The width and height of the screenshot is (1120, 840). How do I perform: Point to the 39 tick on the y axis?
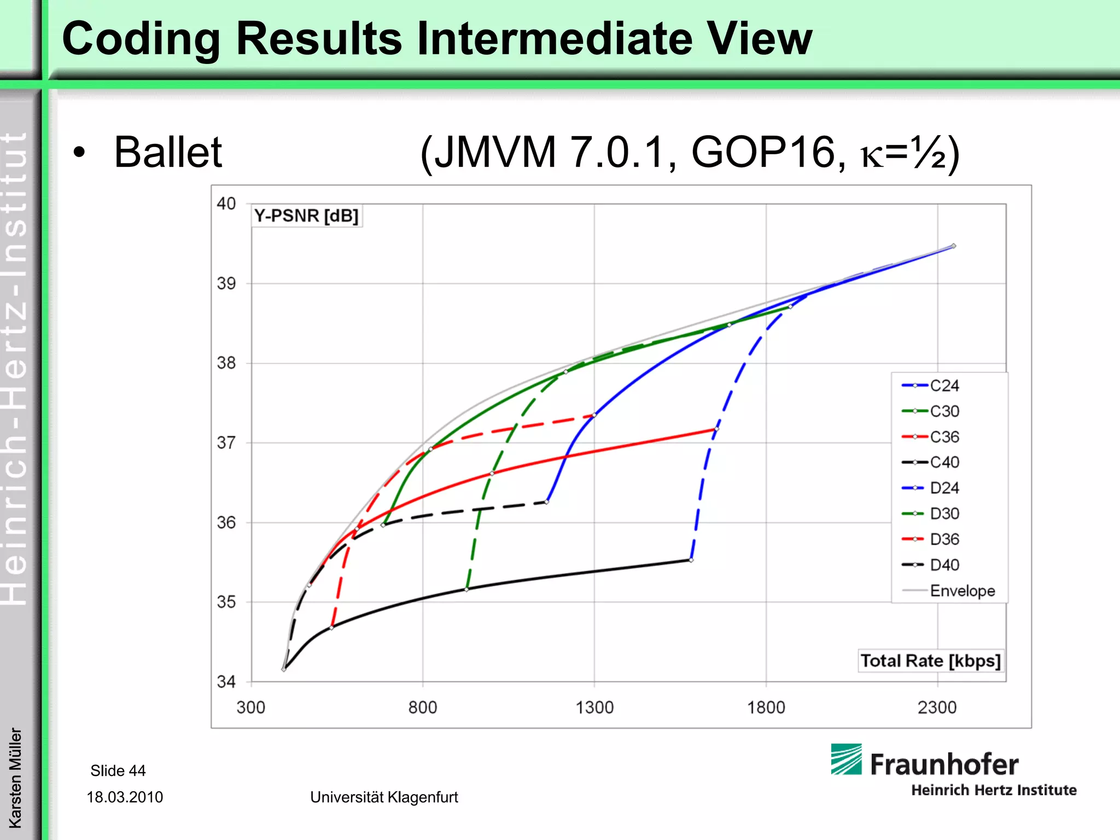click(x=226, y=283)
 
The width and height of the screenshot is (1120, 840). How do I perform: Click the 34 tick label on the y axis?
click(x=226, y=681)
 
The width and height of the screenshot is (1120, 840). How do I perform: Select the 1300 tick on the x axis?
click(x=594, y=707)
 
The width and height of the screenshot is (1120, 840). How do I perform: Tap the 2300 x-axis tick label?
click(x=937, y=707)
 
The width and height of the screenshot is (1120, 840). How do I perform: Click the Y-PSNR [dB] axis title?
click(x=306, y=215)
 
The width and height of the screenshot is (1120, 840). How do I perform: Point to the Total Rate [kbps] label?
click(x=930, y=661)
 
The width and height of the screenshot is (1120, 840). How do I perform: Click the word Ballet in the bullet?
click(x=168, y=152)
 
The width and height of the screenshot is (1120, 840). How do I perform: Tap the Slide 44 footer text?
click(x=118, y=771)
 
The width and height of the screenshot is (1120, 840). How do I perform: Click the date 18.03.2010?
click(x=125, y=797)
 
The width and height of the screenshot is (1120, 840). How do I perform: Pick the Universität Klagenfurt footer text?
click(x=384, y=797)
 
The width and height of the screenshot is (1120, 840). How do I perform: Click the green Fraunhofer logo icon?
click(x=846, y=759)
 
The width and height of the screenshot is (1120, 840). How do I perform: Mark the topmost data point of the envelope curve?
click(x=954, y=246)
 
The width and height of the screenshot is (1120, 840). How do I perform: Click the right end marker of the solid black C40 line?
click(x=691, y=560)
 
